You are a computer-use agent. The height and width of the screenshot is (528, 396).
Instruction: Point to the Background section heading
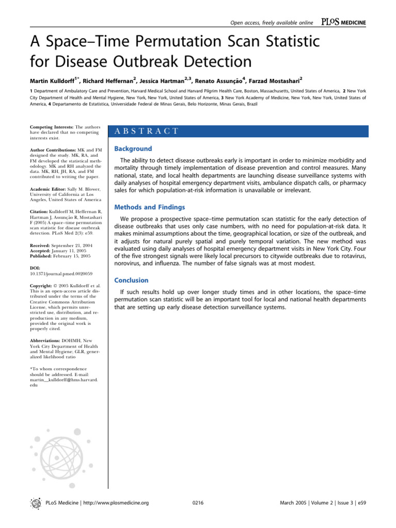(x=133, y=148)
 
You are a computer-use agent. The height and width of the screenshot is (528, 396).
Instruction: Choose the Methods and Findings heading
(x=150, y=207)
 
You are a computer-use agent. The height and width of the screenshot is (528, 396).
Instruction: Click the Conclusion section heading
(x=131, y=280)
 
